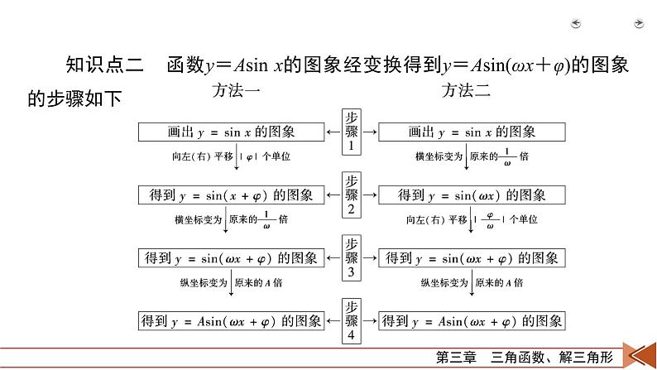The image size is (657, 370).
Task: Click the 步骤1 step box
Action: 352,131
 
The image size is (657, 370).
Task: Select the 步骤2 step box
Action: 352,194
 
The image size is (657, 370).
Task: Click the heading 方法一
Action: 237,90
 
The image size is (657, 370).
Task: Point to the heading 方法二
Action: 466,90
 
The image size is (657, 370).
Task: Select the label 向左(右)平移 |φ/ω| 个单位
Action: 472,220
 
